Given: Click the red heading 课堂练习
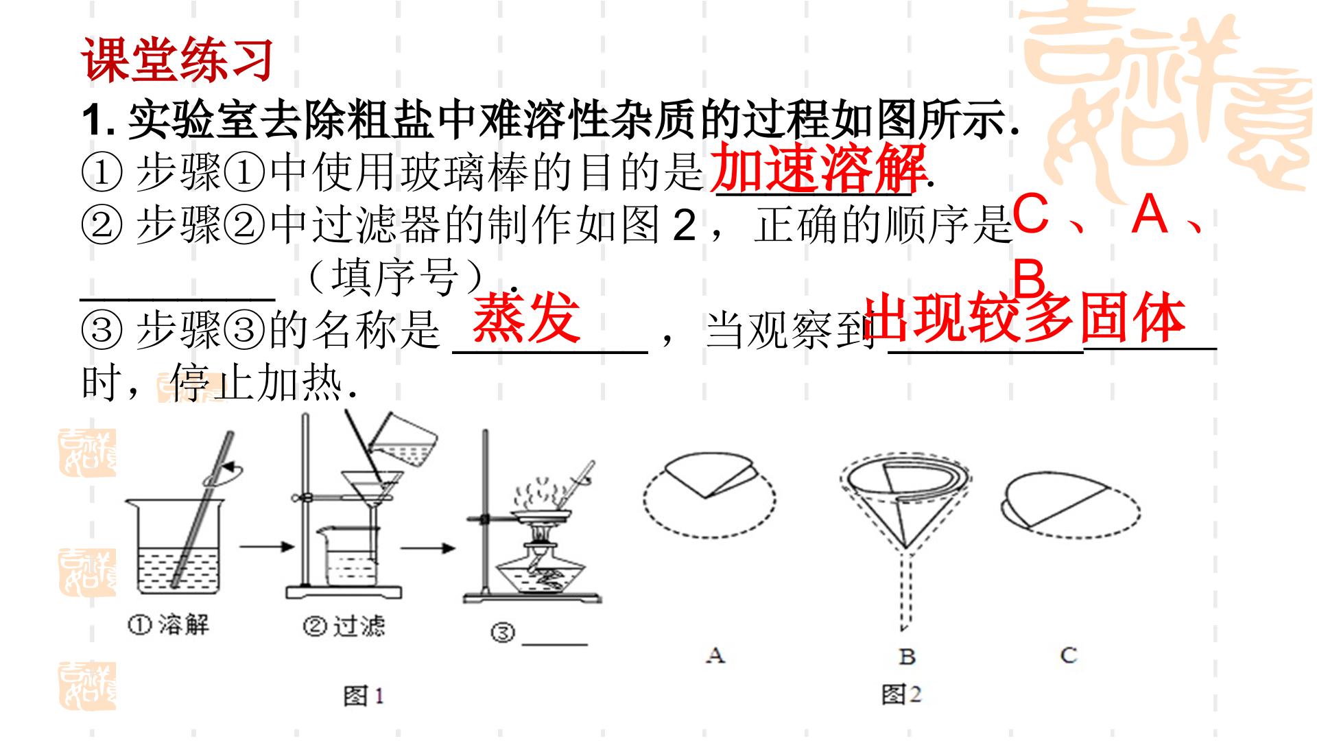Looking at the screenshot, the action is (178, 60).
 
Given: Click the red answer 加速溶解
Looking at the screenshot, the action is (819, 169).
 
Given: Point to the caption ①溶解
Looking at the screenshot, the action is (169, 624).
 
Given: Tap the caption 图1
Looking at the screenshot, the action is (364, 696).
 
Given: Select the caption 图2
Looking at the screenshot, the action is (901, 694).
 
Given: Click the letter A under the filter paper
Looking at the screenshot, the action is (715, 655).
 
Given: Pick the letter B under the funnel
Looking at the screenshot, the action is (907, 657).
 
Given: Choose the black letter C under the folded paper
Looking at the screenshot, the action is (1068, 655).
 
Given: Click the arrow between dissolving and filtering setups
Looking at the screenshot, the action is (266, 546).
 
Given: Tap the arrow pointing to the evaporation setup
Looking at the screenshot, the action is (428, 548).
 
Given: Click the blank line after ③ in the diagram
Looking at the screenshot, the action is (554, 645).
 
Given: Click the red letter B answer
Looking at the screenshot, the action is (1029, 279).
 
